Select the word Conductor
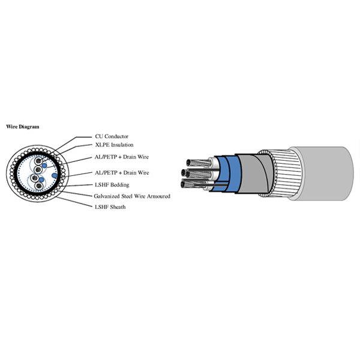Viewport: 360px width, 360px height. [x=117, y=136]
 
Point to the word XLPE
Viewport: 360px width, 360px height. [x=103, y=145]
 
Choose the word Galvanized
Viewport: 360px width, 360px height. [x=109, y=196]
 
